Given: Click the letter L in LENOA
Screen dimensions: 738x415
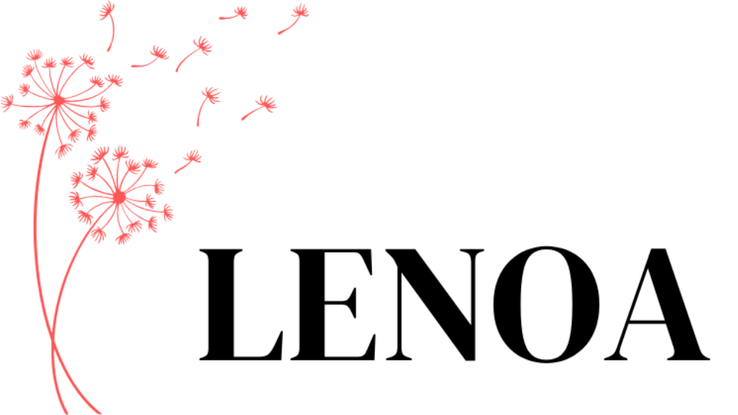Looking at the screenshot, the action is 231,304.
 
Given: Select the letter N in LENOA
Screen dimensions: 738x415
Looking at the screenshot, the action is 435,304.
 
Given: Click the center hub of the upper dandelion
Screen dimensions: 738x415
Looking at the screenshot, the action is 59,100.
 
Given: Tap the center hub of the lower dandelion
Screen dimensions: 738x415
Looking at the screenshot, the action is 119,198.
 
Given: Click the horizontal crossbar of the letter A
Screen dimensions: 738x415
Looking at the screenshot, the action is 647,322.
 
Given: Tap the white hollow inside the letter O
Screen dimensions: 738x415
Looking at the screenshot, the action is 546,304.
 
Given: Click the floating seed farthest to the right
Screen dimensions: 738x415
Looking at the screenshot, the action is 294,19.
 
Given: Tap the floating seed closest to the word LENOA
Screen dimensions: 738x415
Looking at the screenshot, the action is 188,161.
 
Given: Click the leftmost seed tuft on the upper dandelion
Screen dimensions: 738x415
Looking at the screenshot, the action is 7,103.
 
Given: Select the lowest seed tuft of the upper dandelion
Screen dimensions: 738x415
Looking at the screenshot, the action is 63,150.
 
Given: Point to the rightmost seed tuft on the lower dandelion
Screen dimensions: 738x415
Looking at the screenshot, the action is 168,213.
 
